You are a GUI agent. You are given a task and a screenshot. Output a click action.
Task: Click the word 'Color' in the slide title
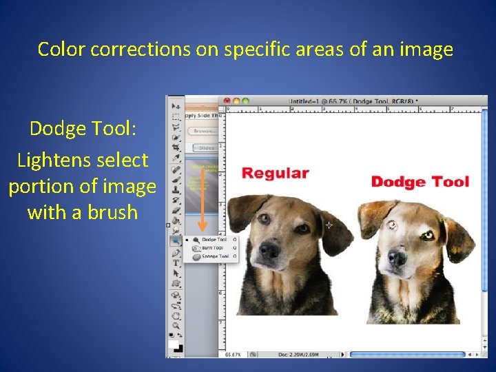coord(61,50)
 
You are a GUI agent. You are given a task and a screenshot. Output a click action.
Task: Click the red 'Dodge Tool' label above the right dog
coord(420,182)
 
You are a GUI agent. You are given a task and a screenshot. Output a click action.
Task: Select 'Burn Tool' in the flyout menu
coord(211,248)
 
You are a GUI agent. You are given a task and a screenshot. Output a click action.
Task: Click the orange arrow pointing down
coord(203,207)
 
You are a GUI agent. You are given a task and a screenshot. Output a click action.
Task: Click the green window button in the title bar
coord(242,101)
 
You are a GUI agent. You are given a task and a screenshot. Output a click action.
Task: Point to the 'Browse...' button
coord(205,130)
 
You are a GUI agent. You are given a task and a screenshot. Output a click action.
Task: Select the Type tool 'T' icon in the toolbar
coord(176,262)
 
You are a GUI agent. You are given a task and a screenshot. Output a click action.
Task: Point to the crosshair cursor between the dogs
coord(329,225)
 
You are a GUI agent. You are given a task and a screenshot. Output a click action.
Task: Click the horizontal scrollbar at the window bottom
coord(406,354)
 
